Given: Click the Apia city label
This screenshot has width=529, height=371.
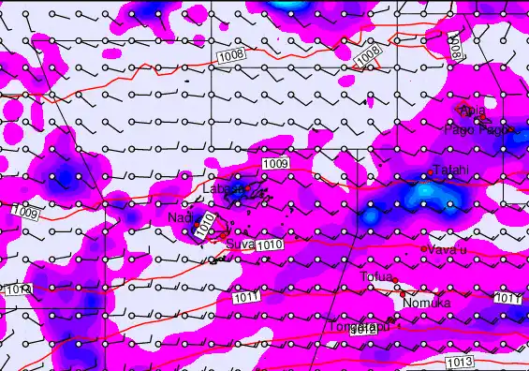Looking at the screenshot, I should (473, 111).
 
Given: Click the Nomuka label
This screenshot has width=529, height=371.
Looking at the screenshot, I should (428, 304).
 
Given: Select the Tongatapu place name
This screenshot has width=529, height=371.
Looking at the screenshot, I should (352, 328).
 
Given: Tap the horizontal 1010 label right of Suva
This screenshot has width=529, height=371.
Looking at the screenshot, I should (270, 245).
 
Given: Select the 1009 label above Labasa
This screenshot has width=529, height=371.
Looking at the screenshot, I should (275, 164).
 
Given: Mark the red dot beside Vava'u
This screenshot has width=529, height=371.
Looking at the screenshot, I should (423, 250).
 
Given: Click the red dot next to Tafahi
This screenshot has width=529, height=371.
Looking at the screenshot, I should (430, 172).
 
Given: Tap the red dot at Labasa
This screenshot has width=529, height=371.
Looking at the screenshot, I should (247, 190).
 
